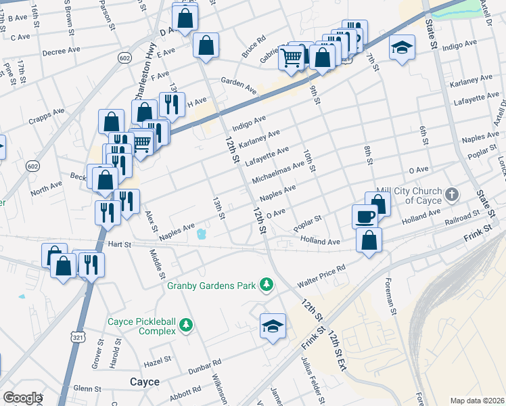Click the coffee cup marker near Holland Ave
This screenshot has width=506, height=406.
[365, 216]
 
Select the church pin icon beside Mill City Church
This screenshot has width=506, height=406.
[453, 195]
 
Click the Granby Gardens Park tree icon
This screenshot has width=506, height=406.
[267, 285]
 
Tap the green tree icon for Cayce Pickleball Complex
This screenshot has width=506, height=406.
[185, 327]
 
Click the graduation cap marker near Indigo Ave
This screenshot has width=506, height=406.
[402, 48]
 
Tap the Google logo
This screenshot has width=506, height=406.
[22, 398]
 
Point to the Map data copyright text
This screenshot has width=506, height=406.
[477, 401]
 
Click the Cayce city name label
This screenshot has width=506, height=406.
[145, 382]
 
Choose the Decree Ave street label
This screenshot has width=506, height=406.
[57, 52]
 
